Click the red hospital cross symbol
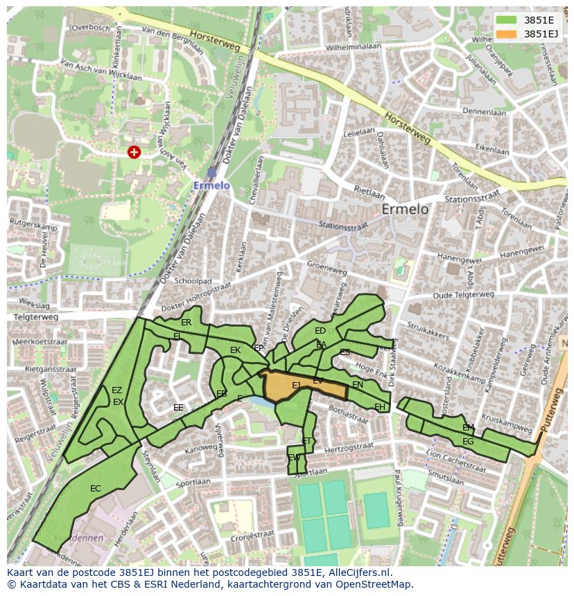[134, 152]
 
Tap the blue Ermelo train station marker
[211, 172]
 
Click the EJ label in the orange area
[296, 386]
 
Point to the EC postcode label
[96, 489]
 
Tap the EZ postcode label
[116, 390]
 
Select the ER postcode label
[186, 323]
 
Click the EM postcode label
[468, 428]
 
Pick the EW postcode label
[294, 458]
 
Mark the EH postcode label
[379, 407]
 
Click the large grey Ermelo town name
[405, 209]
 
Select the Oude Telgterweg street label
[464, 294]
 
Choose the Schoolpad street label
[193, 282]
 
